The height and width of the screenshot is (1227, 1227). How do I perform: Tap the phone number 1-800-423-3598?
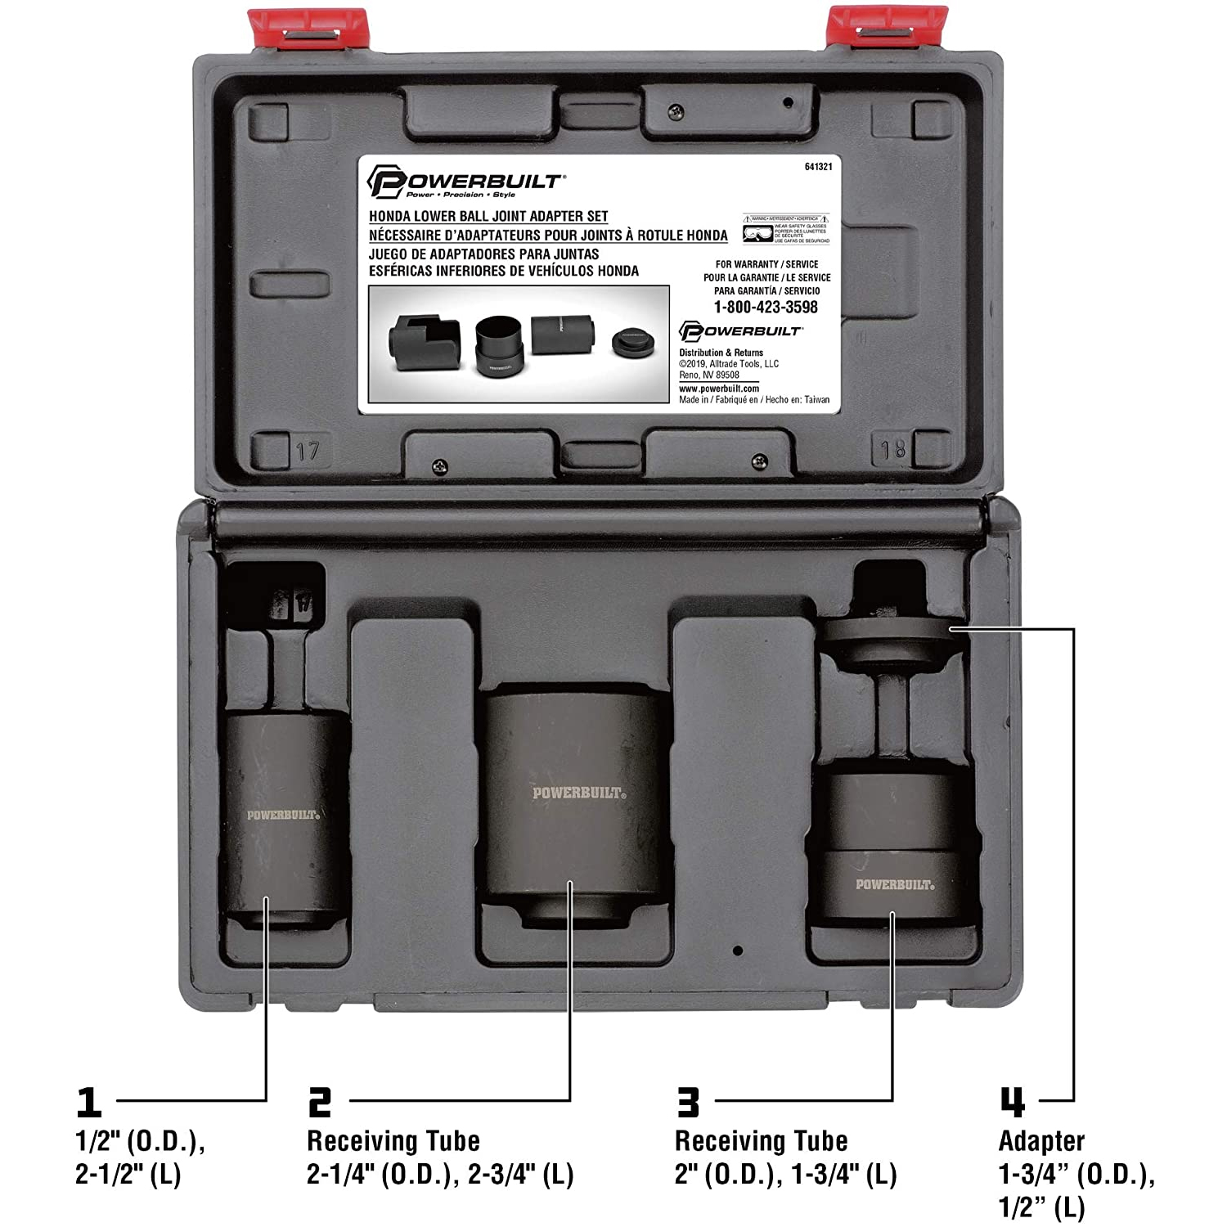[x=766, y=308]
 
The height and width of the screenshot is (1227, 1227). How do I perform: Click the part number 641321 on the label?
[x=818, y=167]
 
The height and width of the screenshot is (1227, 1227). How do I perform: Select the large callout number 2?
[x=320, y=1103]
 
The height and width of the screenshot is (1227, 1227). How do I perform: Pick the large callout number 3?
[x=689, y=1103]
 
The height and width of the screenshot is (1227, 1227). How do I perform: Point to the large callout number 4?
[x=1013, y=1103]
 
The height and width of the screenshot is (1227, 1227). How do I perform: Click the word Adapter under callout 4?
[x=1041, y=1141]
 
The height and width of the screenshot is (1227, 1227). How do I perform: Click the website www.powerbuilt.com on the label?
[x=719, y=389]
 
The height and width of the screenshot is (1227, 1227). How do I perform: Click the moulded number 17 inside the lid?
[x=308, y=452]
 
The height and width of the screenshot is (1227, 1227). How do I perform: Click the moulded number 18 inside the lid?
[x=892, y=449]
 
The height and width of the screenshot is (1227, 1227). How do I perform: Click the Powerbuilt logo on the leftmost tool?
[x=283, y=815]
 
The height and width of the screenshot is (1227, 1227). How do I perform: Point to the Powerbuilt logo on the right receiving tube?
[x=895, y=884]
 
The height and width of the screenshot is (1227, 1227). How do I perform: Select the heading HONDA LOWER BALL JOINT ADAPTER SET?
[x=488, y=217]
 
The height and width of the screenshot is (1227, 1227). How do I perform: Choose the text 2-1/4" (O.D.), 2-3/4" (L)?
[x=440, y=1175]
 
